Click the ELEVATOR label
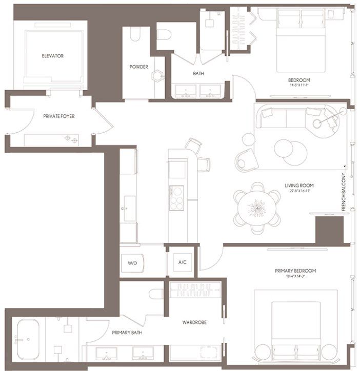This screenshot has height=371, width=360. [53, 56]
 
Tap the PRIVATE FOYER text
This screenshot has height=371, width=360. [59, 116]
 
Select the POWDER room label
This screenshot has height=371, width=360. [138, 67]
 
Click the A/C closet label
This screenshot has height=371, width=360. [182, 262]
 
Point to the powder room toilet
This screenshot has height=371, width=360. [135, 35]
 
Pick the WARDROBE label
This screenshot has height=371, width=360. [194, 323]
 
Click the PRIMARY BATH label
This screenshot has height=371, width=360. [127, 333]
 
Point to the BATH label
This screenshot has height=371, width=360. [198, 74]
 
